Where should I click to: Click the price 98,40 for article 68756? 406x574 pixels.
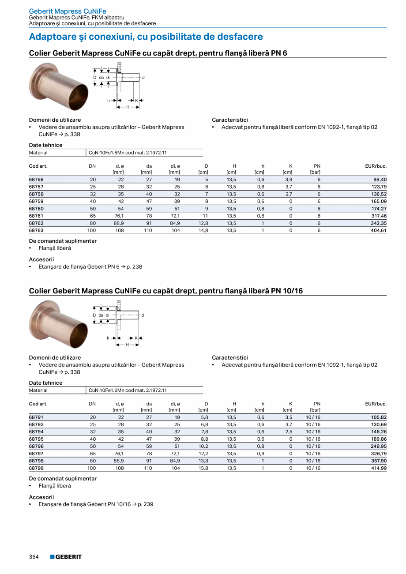(380, 180)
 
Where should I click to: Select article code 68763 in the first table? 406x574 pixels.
(36, 230)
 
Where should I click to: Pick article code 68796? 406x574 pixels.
(36, 446)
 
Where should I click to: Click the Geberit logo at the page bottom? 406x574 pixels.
(66, 557)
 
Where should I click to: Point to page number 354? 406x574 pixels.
(34, 557)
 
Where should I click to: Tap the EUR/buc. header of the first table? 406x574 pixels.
(376, 166)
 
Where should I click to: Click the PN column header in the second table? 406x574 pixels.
(317, 404)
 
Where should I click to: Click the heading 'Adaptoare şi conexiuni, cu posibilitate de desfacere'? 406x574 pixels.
(146, 37)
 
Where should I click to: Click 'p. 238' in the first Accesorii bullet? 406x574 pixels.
(134, 266)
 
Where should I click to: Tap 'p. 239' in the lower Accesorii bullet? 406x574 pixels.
(145, 504)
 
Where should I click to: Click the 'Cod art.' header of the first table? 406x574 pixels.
(38, 166)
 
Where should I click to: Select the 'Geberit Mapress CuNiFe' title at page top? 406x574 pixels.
(67, 11)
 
